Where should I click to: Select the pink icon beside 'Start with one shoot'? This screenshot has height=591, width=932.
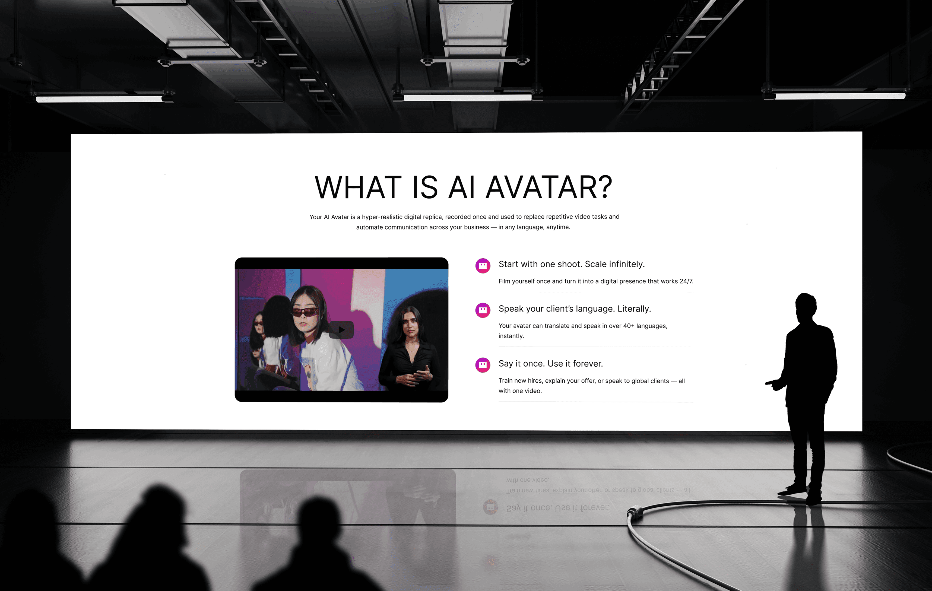483,265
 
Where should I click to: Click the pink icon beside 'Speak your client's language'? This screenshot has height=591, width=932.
483,310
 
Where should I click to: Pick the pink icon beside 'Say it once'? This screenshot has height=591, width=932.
483,365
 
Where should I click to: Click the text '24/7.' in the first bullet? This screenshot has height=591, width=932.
686,281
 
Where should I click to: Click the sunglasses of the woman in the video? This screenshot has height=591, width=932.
305,312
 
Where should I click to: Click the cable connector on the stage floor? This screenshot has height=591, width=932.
635,513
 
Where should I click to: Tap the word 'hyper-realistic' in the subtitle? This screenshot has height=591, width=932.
382,217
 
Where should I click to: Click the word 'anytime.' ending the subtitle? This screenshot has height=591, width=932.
558,227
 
